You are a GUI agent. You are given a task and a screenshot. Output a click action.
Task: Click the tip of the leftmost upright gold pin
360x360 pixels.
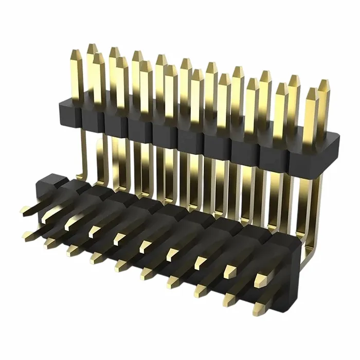(x=76, y=52)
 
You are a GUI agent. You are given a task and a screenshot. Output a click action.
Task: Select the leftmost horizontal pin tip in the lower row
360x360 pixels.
(x=26, y=237)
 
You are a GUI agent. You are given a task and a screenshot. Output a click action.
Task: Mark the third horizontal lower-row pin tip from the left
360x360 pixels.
(x=70, y=250)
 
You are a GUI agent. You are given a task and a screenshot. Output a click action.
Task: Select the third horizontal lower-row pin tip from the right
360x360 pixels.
(x=198, y=292)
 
